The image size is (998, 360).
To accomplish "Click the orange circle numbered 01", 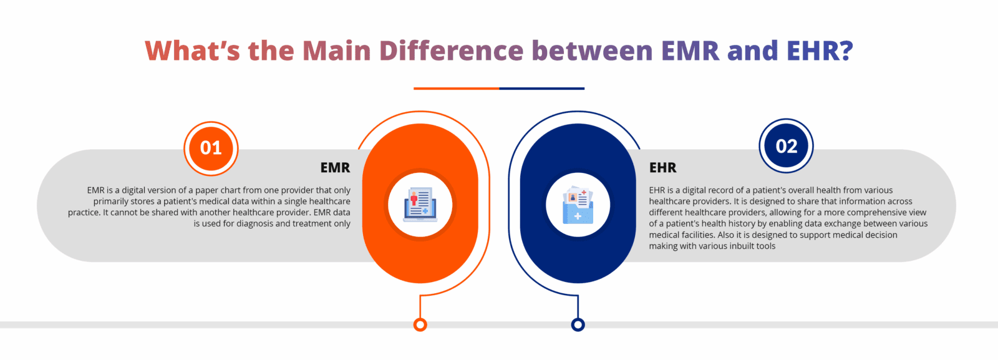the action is point(211,148).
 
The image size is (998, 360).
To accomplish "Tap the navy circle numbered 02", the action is point(786,146).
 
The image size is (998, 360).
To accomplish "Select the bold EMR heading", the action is point(335,168).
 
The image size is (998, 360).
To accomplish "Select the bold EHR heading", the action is point(662,168).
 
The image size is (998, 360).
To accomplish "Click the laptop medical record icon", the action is point(420,205).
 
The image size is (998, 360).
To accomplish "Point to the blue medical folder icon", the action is point(578,205).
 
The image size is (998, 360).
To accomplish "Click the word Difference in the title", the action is point(452,51).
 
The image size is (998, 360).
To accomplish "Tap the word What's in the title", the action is point(193,51).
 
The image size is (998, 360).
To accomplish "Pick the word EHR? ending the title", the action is point(820,51).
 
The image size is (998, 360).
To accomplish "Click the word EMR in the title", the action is point(690,51).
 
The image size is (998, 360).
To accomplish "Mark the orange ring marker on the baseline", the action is point(420,325).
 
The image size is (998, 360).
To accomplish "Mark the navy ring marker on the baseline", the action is point(578,325).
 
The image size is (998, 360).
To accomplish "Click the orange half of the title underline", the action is point(456,88).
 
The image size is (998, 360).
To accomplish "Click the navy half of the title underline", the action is point(542,88).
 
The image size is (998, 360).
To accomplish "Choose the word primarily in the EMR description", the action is point(110,202).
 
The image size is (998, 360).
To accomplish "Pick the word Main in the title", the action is point(336,51).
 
